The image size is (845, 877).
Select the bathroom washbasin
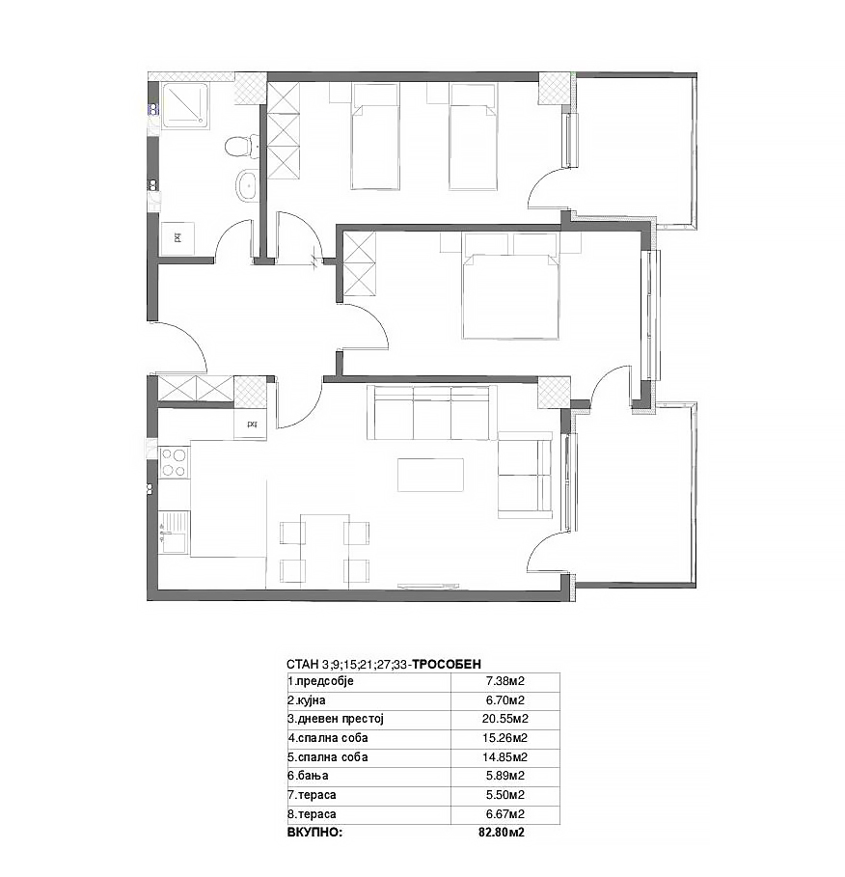(x=245, y=184)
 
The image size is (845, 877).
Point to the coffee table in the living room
(x=430, y=475)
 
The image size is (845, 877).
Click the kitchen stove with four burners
(x=174, y=462)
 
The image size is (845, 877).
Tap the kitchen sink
(x=174, y=533)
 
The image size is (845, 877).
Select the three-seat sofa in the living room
(x=432, y=412)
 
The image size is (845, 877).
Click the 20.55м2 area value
(x=505, y=719)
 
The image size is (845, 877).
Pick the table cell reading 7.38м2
(x=505, y=681)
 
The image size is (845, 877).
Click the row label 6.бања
(x=308, y=776)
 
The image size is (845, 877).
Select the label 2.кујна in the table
(x=307, y=700)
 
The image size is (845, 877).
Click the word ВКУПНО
(x=314, y=832)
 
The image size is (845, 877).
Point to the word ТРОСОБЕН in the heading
(x=447, y=664)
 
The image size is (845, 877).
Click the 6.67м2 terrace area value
(x=505, y=813)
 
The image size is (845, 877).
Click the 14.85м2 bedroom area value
(x=505, y=756)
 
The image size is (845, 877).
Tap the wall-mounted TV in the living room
(x=428, y=586)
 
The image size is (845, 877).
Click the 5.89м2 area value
(x=505, y=776)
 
